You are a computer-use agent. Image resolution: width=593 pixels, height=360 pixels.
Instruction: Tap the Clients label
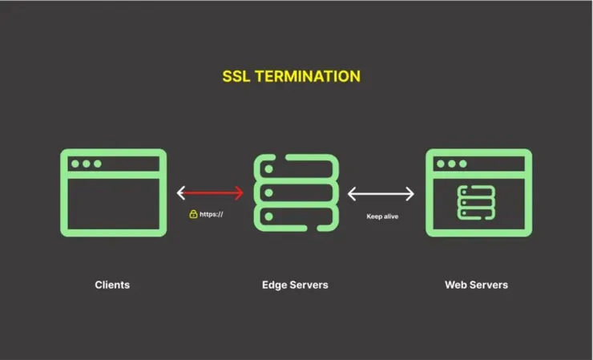pyautogui.click(x=112, y=285)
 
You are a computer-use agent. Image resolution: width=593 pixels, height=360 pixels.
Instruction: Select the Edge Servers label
pyautogui.click(x=295, y=285)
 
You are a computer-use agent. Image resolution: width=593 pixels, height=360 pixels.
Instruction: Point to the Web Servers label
pyautogui.click(x=476, y=285)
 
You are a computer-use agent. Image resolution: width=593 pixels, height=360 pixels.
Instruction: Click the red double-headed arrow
pyautogui.click(x=210, y=193)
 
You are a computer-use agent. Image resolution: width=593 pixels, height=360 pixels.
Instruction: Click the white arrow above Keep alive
pyautogui.click(x=381, y=193)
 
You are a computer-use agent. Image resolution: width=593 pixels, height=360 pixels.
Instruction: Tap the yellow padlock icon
pyautogui.click(x=193, y=214)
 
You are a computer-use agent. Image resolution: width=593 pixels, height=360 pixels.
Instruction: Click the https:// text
pyautogui.click(x=212, y=214)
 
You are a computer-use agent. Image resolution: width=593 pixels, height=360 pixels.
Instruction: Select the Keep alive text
pyautogui.click(x=382, y=216)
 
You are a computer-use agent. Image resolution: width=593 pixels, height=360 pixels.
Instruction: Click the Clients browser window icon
pyautogui.click(x=113, y=192)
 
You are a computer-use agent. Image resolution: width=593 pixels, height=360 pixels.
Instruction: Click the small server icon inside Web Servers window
pyautogui.click(x=476, y=202)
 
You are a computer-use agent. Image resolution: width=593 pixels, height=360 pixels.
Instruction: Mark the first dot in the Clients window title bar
pyautogui.click(x=75, y=164)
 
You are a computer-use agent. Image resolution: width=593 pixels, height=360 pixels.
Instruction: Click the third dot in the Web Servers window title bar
pyautogui.click(x=462, y=164)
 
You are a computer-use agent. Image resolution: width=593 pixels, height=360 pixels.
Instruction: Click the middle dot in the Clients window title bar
pyautogui.click(x=86, y=164)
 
